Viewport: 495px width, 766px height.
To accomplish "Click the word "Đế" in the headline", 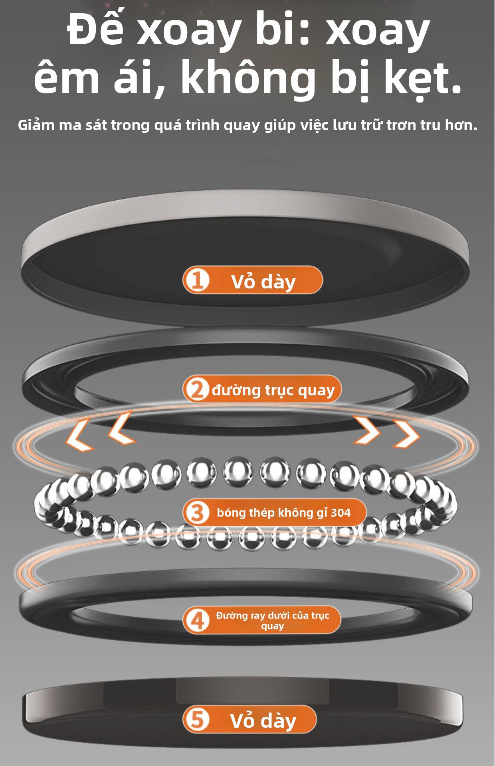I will point(95,29).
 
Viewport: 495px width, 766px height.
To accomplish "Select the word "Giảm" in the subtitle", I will point(36,125).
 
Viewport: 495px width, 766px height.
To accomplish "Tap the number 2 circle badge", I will point(197,390).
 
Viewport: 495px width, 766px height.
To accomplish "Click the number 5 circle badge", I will point(197,719).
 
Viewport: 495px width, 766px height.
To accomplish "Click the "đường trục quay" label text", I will point(273,390).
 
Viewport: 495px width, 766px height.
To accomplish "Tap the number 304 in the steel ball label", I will point(340,513).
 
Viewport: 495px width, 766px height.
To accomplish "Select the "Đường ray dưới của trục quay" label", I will point(273,620).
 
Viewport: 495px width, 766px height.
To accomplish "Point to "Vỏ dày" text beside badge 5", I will point(263,721).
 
